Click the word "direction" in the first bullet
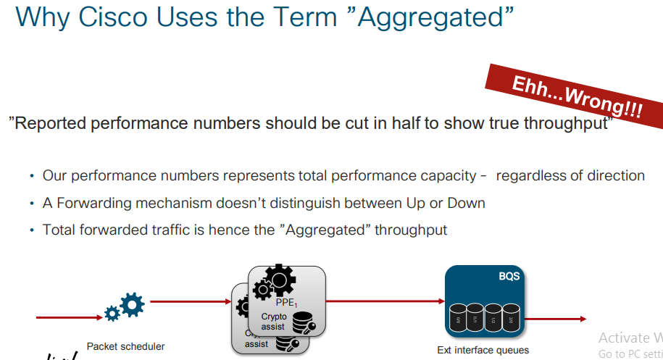pos(609,175)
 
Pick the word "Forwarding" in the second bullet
pos(92,203)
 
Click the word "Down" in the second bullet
pos(468,203)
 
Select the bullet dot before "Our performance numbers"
pos(32,176)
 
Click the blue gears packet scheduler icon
pos(125,307)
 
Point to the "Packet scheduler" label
pos(125,346)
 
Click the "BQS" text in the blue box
pos(509,276)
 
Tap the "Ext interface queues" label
pos(483,350)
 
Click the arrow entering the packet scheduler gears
pos(69,317)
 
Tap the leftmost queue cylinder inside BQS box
pos(457,318)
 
